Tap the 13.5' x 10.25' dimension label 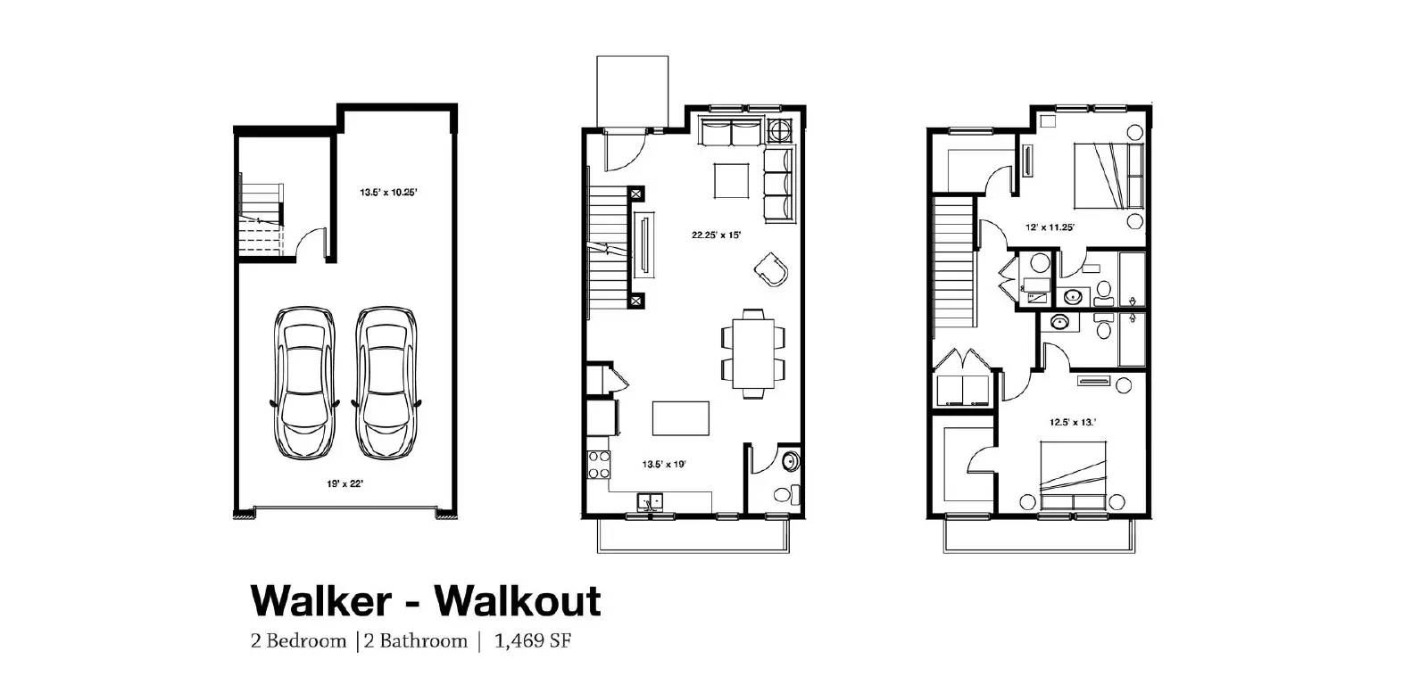(x=388, y=192)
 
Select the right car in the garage (x=386, y=384)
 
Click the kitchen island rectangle (x=681, y=417)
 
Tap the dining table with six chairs (x=754, y=352)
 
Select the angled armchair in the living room (x=770, y=268)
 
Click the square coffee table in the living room (x=731, y=181)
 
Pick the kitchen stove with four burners (x=599, y=465)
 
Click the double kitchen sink (x=651, y=501)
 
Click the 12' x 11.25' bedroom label (x=1050, y=227)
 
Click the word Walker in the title (x=320, y=601)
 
